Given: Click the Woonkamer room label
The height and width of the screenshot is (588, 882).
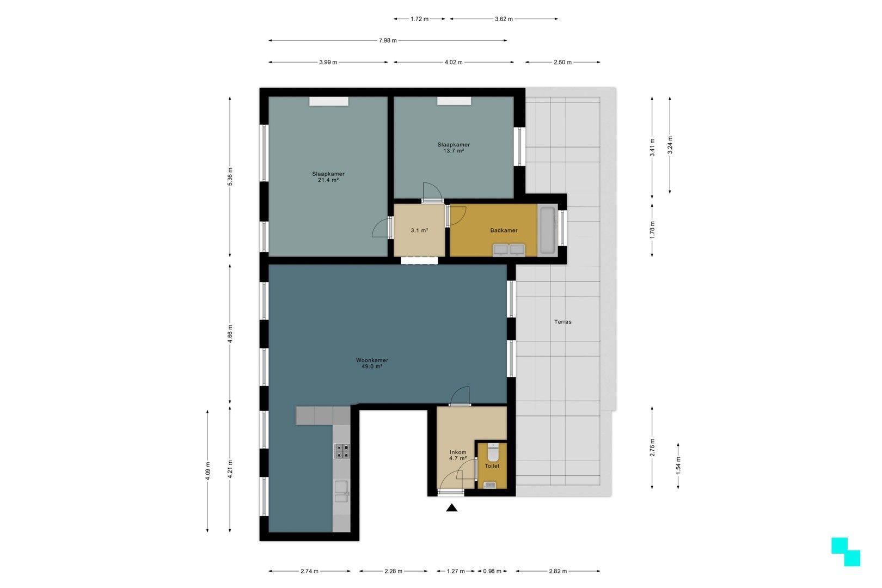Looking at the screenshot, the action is (372, 363).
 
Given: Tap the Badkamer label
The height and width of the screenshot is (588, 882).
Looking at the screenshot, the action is (504, 230).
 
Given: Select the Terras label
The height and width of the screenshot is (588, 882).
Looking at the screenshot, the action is (562, 322).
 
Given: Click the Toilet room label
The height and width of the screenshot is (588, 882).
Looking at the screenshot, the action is (492, 466).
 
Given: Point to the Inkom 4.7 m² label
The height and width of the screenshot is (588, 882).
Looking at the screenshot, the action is (458, 455).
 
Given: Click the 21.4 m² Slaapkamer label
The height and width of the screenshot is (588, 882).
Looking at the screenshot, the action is (328, 177).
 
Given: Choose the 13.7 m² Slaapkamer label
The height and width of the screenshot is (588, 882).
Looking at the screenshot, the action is (454, 148).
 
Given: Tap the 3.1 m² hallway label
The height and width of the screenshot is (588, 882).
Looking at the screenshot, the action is (419, 230).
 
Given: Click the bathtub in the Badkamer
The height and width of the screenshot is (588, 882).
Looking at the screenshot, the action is (548, 230).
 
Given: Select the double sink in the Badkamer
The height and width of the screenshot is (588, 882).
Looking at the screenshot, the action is (509, 250).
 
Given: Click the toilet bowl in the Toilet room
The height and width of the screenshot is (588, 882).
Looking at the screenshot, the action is (493, 452).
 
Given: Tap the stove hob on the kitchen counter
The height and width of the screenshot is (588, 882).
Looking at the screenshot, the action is (342, 451).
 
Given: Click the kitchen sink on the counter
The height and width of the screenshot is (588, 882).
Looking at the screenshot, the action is (341, 491).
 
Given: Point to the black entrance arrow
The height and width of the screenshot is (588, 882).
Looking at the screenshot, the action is (452, 508).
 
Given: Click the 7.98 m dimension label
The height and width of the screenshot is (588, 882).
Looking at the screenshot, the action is (388, 41).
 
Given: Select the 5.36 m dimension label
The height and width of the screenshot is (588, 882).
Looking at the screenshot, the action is (230, 177).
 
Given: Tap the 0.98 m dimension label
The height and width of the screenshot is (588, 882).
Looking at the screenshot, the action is (492, 571).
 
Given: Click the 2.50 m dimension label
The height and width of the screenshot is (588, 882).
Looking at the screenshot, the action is (562, 62).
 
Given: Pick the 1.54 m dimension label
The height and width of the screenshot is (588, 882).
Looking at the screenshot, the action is (678, 466).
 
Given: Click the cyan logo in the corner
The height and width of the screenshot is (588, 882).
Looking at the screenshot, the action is (846, 552).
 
